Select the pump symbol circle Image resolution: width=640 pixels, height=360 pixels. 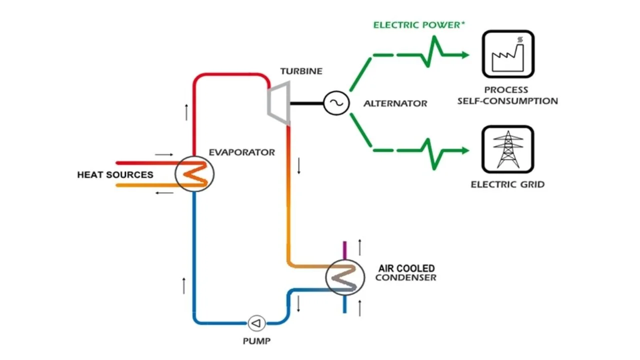click(257, 323)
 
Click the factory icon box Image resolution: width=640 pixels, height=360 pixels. click(507, 54)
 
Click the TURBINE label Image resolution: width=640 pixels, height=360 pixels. click(301, 71)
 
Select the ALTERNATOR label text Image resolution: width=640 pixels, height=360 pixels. click(395, 104)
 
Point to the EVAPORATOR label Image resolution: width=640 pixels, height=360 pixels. click(241, 152)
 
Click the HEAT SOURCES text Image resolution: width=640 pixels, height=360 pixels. click(115, 175)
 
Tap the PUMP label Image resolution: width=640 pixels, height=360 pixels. click(256, 341)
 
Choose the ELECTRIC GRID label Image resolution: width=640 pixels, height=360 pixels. click(507, 184)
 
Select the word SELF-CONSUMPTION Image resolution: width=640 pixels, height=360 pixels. click(507, 101)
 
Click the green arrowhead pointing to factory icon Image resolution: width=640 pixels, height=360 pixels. click(465, 55)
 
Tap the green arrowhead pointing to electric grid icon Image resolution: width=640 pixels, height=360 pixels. click(465, 150)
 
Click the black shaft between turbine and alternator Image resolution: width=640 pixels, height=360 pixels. click(306, 103)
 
